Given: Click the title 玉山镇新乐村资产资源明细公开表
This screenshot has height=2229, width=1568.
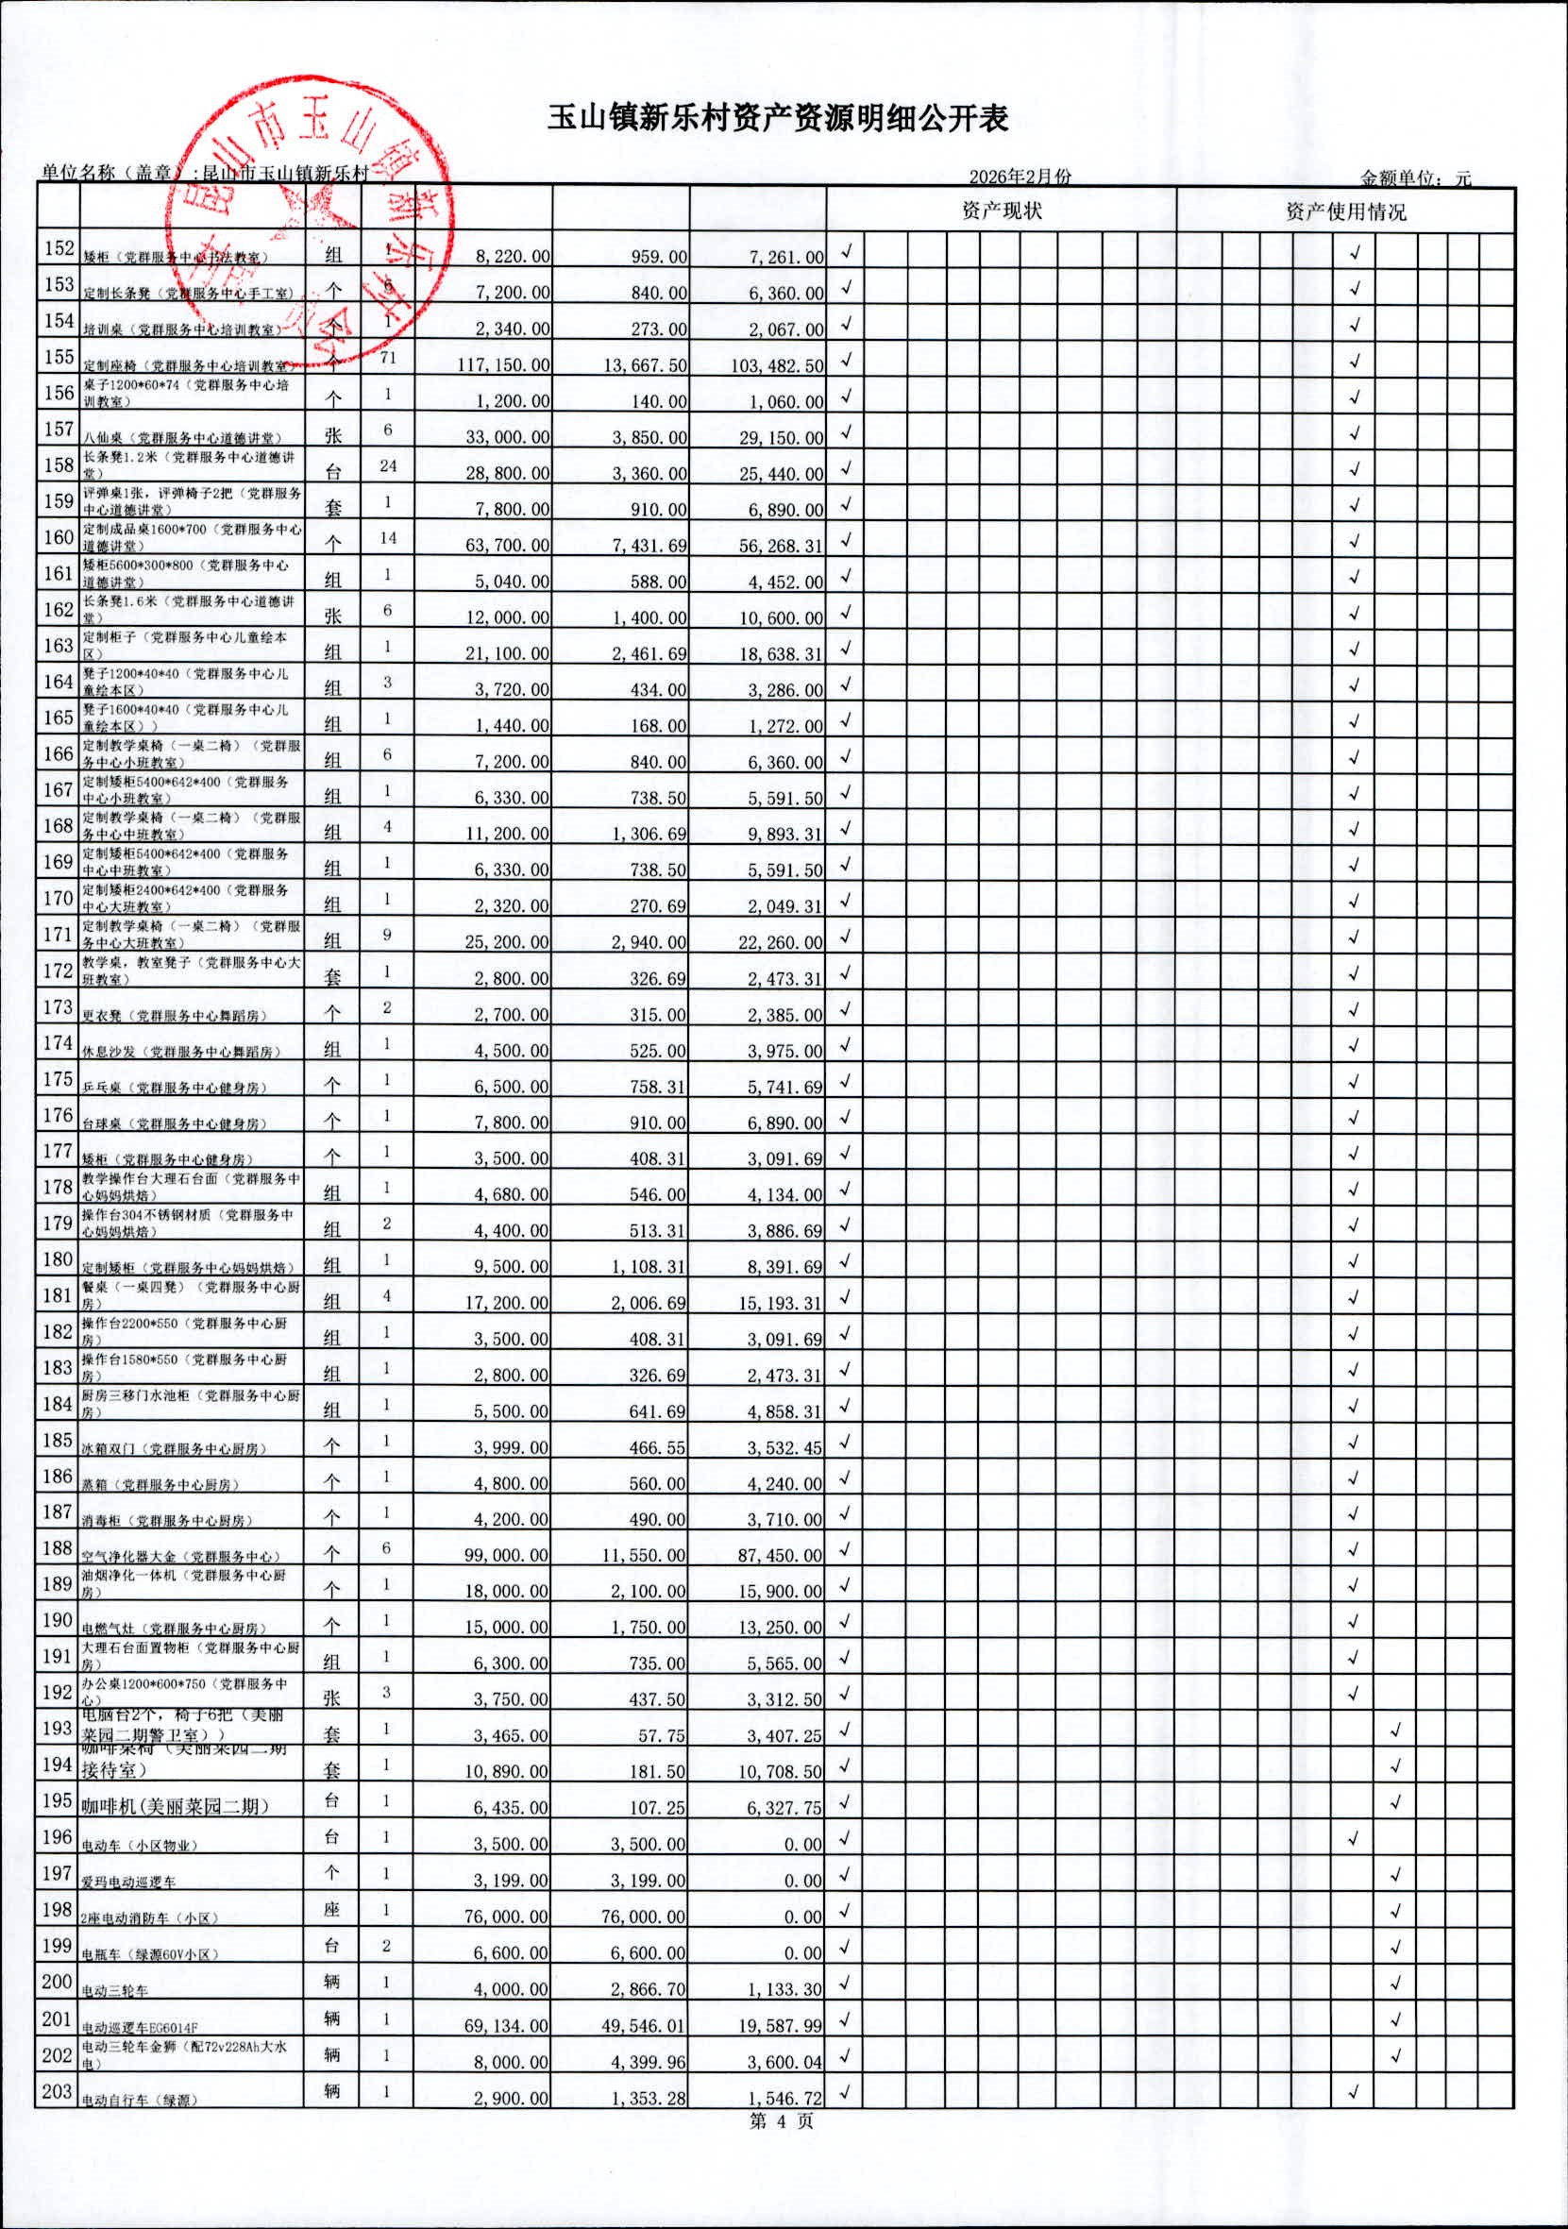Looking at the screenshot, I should [x=778, y=118].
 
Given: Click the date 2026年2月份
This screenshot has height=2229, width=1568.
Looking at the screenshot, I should [x=1020, y=177].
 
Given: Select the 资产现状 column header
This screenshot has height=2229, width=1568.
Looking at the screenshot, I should [x=1001, y=211].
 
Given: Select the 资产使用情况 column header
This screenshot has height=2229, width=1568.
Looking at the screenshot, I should [x=1344, y=211].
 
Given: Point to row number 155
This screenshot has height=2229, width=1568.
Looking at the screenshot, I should [x=59, y=357].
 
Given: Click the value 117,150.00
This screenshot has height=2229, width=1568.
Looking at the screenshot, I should [x=503, y=366].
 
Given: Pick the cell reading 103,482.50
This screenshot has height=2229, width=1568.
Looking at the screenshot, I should [x=777, y=366].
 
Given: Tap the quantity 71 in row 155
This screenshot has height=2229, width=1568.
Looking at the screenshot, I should [x=387, y=358].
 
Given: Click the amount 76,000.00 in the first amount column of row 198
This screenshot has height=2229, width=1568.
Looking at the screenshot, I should [x=503, y=1917].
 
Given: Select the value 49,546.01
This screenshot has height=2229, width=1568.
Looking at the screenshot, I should [x=640, y=2025].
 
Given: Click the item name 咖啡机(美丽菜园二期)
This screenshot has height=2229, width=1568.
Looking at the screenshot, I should [x=175, y=1807].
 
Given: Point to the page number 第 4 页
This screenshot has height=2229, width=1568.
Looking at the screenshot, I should [x=782, y=2121].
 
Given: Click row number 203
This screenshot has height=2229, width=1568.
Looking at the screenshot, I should [x=59, y=2089].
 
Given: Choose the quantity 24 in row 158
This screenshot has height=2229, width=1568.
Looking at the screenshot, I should [x=387, y=466].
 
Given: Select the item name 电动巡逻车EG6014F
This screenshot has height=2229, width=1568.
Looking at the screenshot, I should [x=142, y=2028].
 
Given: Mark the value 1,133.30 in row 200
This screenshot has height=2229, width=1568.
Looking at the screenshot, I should [x=784, y=1989].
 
